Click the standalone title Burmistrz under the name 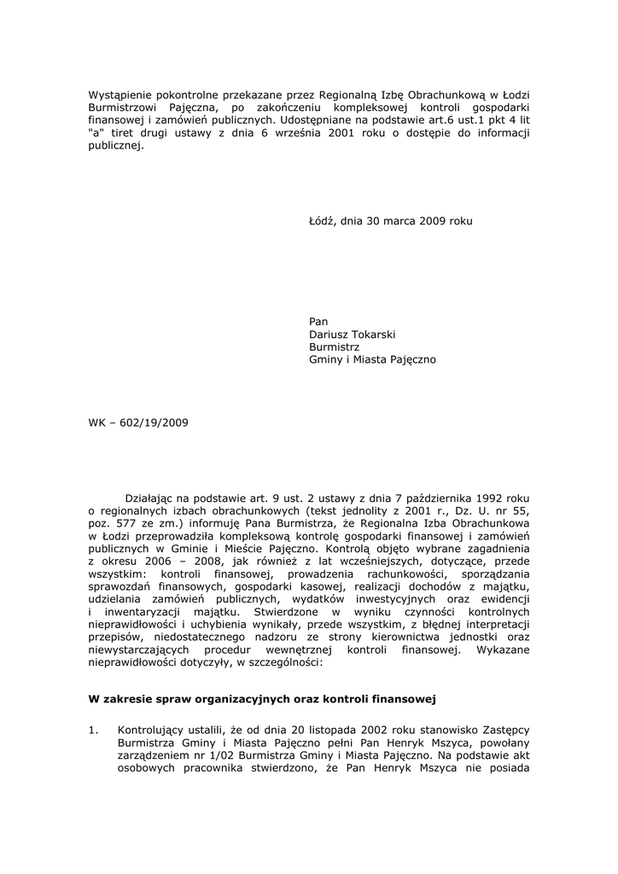[x=334, y=347]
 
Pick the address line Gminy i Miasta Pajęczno [x=372, y=360]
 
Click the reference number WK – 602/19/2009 [x=138, y=422]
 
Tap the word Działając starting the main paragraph [x=152, y=496]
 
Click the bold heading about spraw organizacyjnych [x=263, y=698]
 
